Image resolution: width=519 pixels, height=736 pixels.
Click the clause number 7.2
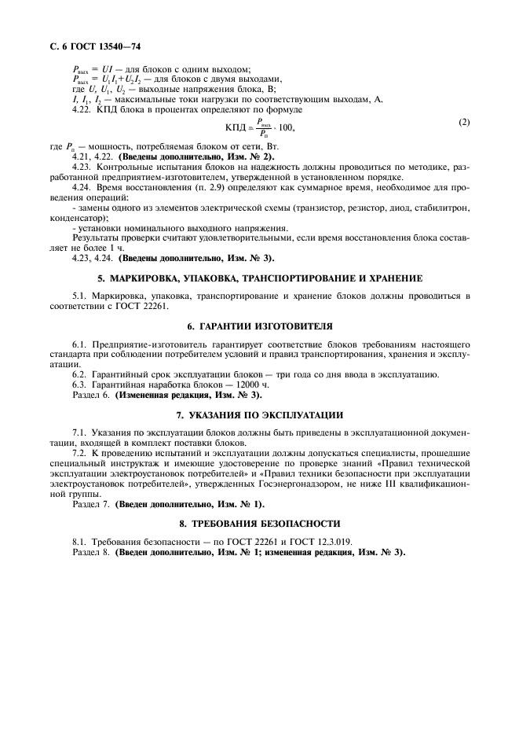pyautogui.click(x=79, y=454)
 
